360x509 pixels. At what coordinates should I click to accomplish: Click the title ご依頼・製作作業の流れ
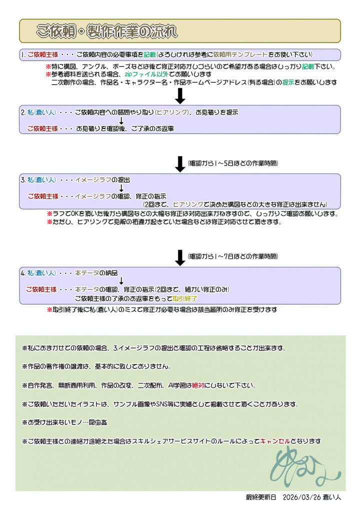(x=106, y=31)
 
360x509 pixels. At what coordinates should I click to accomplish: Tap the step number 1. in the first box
(x=23, y=54)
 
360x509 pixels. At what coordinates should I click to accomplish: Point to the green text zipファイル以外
(x=149, y=74)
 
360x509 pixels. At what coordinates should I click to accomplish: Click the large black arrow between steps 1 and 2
(x=180, y=95)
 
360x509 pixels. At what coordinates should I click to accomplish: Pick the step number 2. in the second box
(x=23, y=112)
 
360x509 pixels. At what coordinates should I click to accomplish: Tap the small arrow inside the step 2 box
(x=121, y=120)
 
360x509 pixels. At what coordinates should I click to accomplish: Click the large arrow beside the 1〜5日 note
(x=180, y=163)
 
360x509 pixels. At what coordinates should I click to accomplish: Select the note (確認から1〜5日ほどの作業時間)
(x=232, y=163)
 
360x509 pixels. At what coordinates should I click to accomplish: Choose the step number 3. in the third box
(x=23, y=179)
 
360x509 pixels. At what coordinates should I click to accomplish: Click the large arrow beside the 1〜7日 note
(x=180, y=257)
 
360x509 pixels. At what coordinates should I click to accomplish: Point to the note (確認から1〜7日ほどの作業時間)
(x=232, y=256)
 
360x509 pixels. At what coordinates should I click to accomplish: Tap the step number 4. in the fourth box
(x=23, y=273)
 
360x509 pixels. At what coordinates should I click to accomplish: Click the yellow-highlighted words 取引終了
(x=185, y=298)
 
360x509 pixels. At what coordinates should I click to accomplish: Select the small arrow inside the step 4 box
(x=121, y=281)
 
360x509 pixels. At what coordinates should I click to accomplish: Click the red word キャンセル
(x=275, y=441)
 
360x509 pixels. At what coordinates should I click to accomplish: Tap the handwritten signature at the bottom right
(x=305, y=467)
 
